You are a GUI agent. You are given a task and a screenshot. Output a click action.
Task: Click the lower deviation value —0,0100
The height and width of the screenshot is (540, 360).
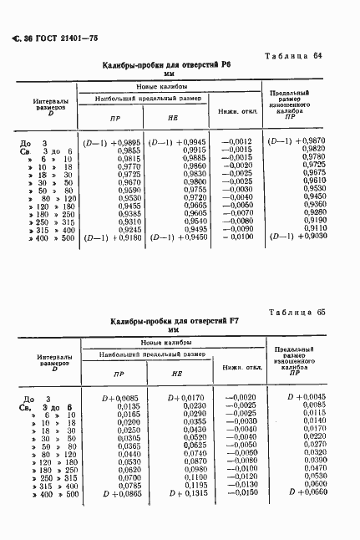(236, 237)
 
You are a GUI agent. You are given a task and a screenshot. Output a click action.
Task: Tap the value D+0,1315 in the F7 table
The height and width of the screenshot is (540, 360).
(188, 494)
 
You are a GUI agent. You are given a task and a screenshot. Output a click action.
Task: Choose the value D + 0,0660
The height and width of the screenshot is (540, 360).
(304, 494)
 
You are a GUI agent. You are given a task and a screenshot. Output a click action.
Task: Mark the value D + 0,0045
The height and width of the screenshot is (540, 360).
(304, 398)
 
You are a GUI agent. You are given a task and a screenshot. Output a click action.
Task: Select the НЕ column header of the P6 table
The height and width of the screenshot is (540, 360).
(173, 118)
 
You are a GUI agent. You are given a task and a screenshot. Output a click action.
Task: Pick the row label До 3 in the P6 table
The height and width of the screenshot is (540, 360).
(33, 143)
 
